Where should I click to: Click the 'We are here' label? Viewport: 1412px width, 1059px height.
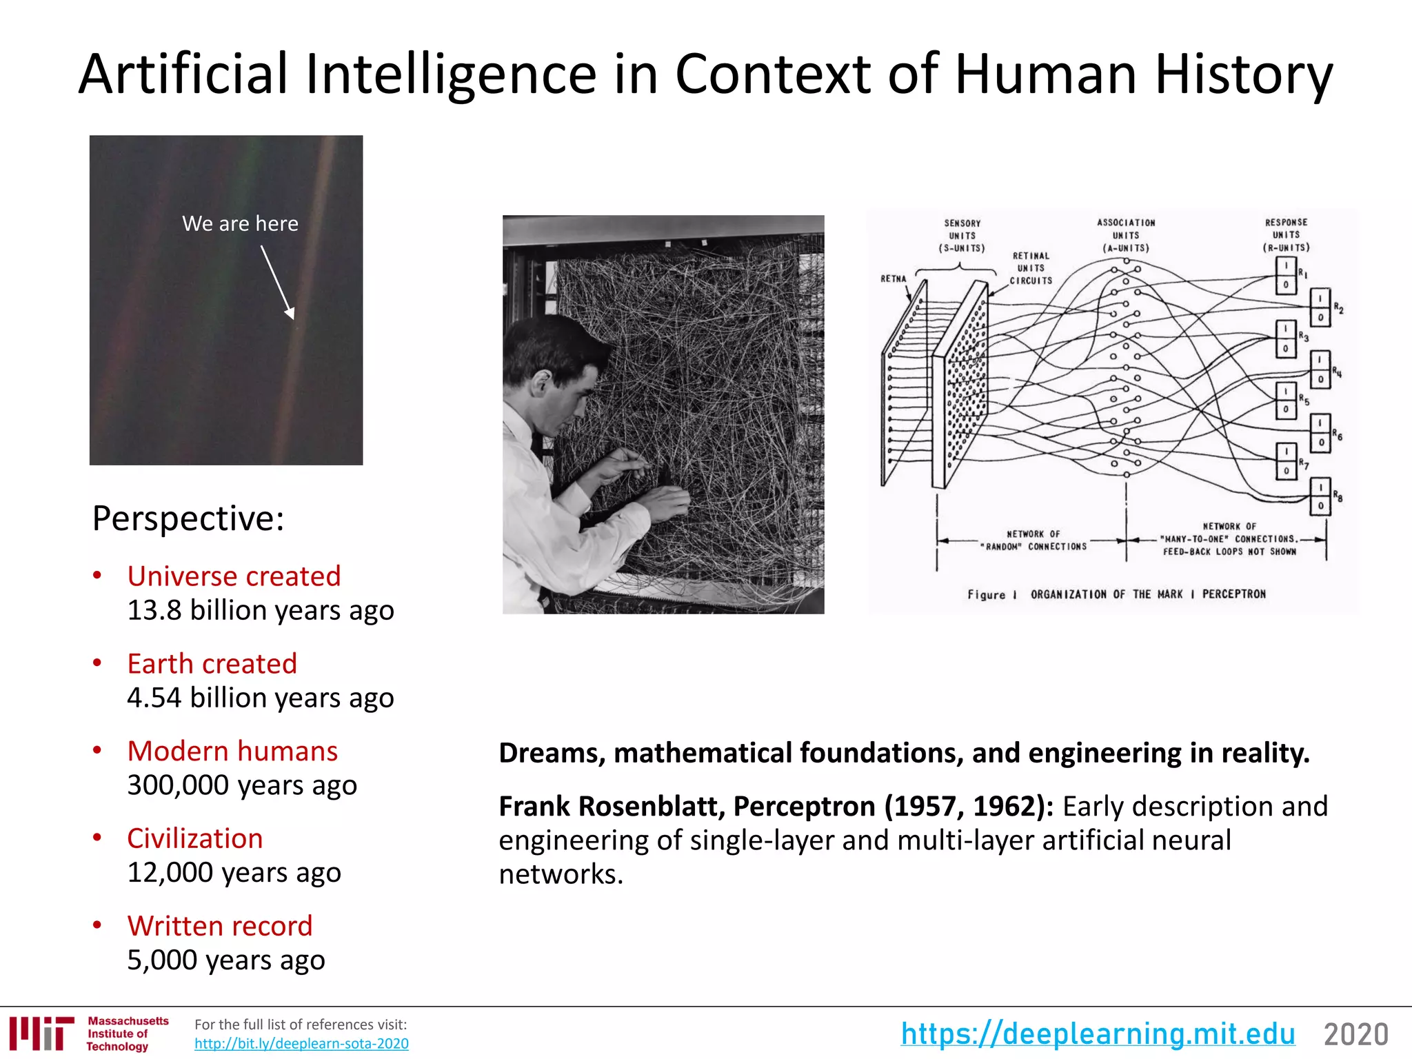tap(240, 223)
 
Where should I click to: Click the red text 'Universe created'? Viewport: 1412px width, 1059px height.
tap(234, 576)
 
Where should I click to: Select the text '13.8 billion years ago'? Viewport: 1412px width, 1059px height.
tap(261, 611)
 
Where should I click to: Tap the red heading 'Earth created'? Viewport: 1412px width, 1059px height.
tap(212, 664)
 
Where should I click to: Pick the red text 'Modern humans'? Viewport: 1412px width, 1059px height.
tap(232, 752)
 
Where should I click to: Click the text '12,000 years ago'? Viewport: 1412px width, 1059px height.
tap(234, 873)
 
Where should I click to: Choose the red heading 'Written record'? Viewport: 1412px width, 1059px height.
tap(219, 926)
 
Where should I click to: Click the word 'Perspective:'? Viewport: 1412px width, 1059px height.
tap(188, 518)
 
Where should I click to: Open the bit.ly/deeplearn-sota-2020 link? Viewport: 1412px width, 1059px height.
tap(301, 1044)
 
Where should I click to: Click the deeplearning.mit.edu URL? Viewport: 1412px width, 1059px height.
tap(1098, 1034)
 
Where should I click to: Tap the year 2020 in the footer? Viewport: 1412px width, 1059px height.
tap(1355, 1035)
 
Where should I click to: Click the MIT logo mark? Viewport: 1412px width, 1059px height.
tap(42, 1033)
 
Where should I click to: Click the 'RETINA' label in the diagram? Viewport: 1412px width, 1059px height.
tap(894, 279)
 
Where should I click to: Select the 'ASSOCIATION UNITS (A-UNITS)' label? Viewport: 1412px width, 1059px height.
tap(1126, 235)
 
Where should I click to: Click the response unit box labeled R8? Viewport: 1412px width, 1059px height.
tap(1320, 496)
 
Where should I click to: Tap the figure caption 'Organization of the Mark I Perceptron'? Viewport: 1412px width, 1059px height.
tap(1116, 594)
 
